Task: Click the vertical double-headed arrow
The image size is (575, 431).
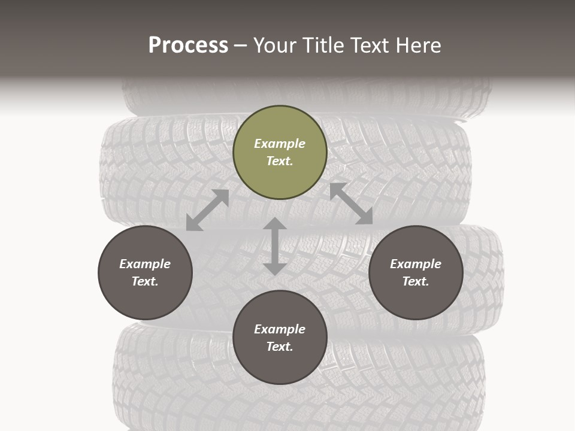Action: point(275,246)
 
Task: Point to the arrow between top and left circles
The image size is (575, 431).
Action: point(208,210)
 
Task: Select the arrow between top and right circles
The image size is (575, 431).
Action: point(351,204)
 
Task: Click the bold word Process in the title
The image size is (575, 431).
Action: point(188,45)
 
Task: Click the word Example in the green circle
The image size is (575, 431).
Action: point(280,144)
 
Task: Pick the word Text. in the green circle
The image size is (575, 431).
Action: point(280,161)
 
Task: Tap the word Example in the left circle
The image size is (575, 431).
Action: point(145,264)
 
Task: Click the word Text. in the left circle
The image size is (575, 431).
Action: point(145,281)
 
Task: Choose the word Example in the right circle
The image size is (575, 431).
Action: point(416,264)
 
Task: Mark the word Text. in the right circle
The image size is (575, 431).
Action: point(416,281)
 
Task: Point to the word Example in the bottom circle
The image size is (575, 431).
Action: point(280,329)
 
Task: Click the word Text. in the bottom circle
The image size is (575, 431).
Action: point(280,347)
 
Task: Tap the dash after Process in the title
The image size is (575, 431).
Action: point(240,45)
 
